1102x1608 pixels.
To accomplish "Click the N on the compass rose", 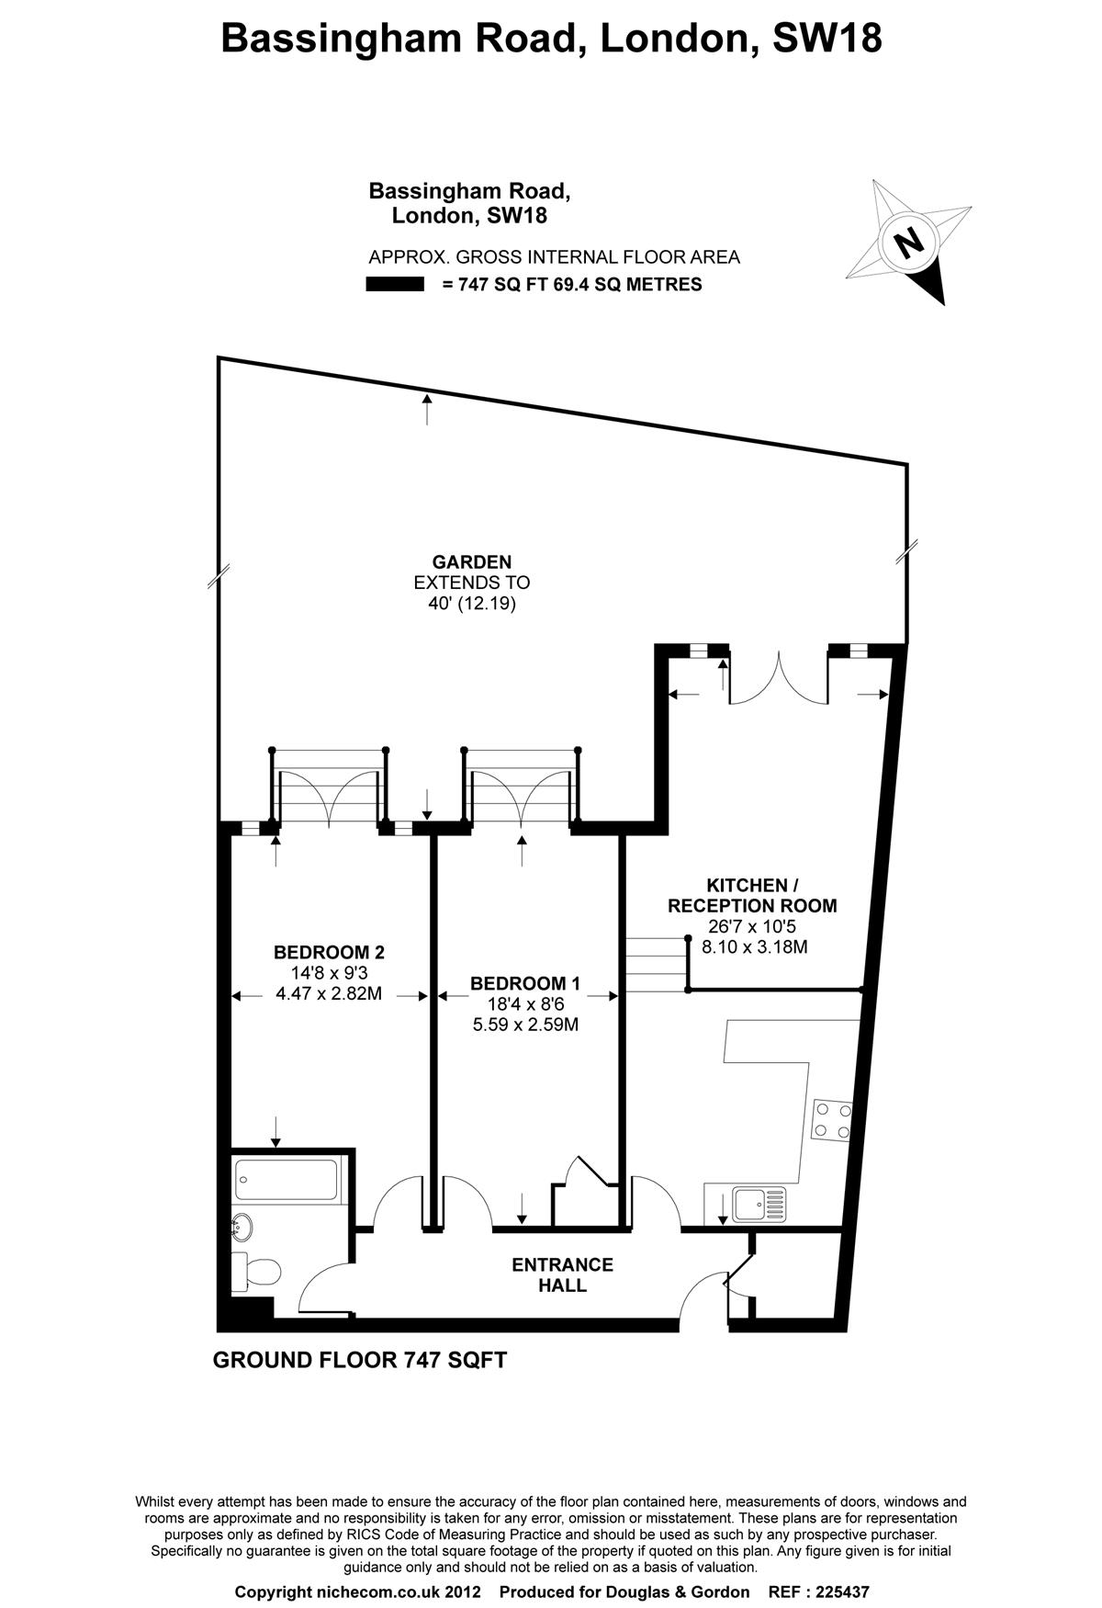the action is coord(909,243).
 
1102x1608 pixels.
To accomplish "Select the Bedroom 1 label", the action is coord(525,983).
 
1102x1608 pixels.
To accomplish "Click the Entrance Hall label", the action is coord(562,1274).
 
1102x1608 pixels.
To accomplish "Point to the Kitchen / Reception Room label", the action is coord(752,895).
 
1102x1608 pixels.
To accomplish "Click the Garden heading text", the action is coord(472,561).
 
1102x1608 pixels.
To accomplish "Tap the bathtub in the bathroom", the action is coord(287,1179).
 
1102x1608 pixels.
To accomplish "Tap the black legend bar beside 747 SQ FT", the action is coord(395,285).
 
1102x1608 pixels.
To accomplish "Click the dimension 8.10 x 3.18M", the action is coord(755,946).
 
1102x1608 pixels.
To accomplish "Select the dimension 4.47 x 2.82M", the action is coord(329,993).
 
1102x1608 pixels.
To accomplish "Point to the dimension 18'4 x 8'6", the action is coord(525,1004).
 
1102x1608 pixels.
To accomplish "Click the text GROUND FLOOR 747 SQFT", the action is coord(360,1360).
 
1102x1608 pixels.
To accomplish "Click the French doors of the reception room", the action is coord(779,678).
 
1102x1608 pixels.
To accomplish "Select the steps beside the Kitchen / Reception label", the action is coord(658,964).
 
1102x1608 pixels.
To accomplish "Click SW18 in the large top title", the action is coord(827,39).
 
